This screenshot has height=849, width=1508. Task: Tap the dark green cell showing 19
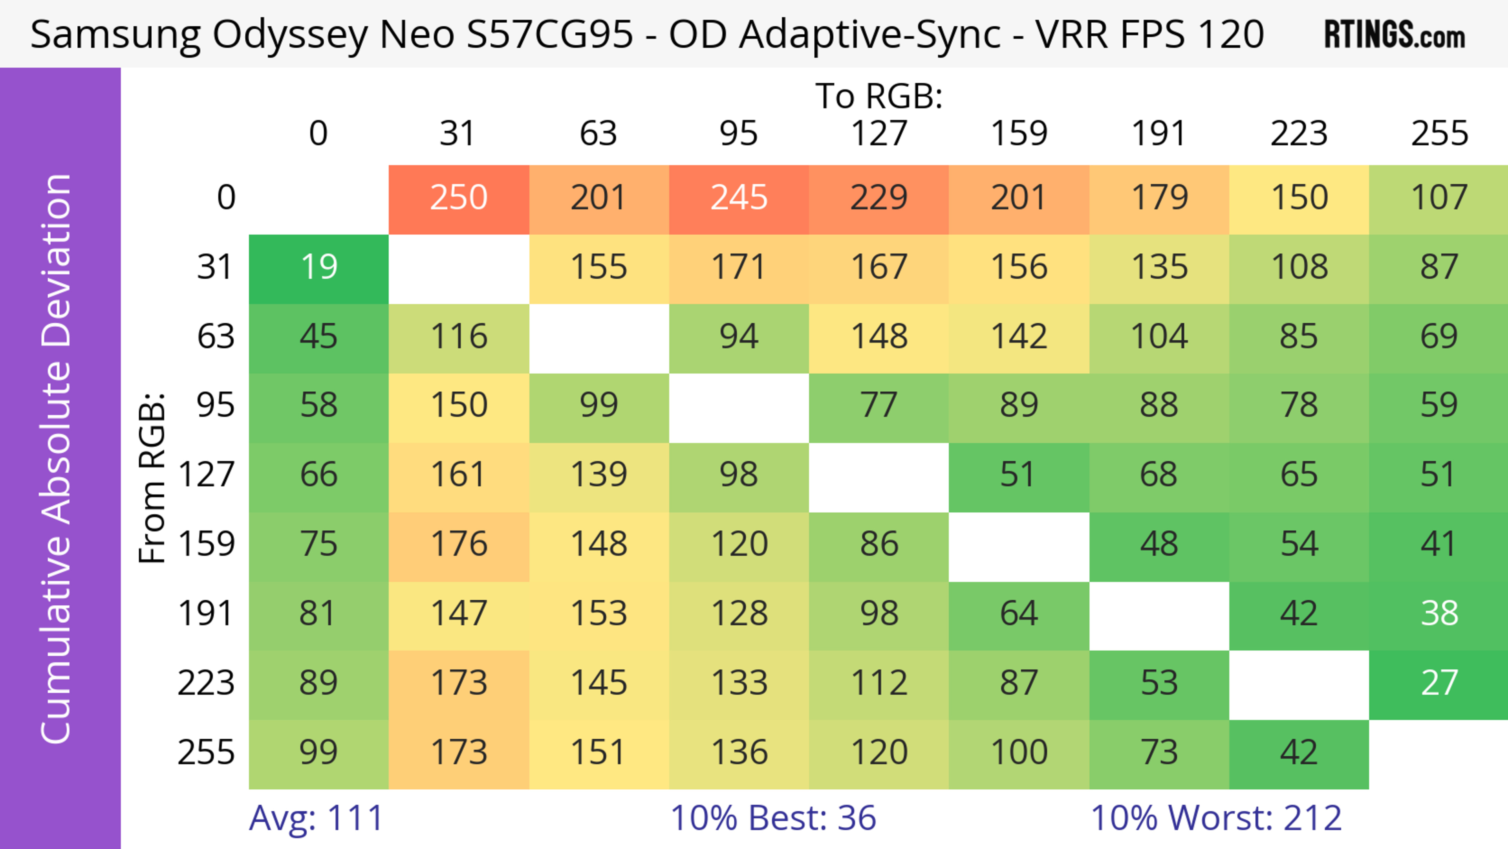[319, 268]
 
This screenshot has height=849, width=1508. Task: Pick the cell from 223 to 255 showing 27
[1439, 683]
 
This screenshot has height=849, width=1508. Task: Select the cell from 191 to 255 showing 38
[1439, 614]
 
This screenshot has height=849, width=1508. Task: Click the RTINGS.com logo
[1395, 35]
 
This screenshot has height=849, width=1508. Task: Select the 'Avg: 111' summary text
[316, 818]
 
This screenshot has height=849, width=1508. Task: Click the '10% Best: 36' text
[773, 818]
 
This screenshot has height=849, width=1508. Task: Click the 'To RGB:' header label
[879, 96]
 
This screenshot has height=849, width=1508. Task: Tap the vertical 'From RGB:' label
[152, 478]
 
